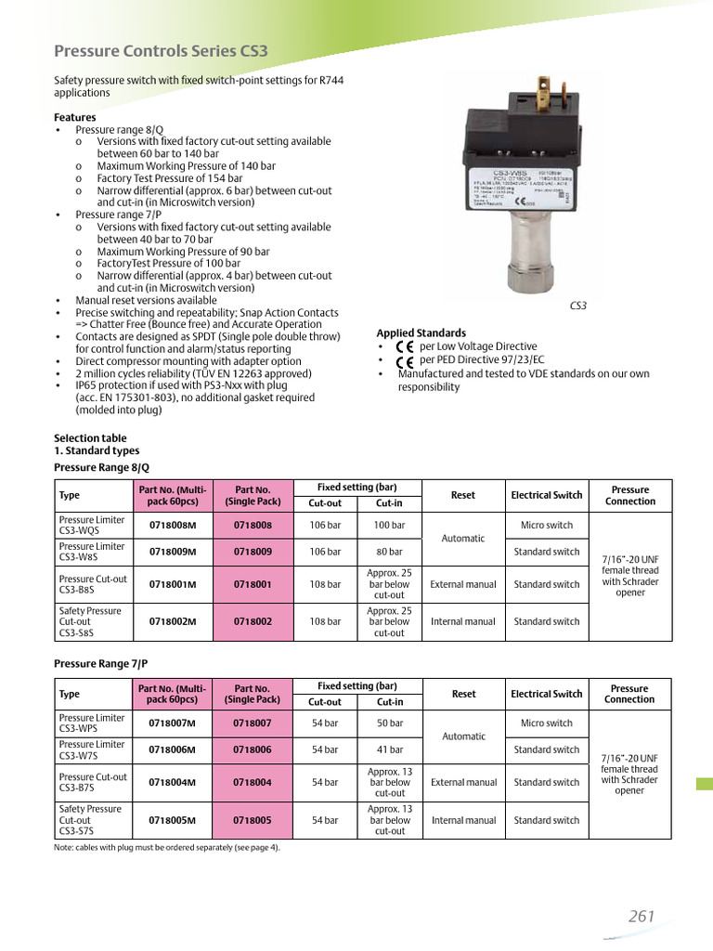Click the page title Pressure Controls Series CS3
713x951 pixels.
click(x=162, y=51)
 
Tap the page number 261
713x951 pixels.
click(x=642, y=916)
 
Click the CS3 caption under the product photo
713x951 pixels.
click(x=577, y=306)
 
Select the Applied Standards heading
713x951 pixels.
click(x=421, y=333)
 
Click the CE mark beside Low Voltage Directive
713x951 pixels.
click(x=405, y=346)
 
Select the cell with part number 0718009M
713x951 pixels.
click(x=173, y=552)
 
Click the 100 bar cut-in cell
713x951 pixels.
click(x=390, y=526)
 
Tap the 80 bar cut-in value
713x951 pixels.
click(x=390, y=552)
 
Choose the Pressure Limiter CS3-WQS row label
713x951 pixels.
click(x=91, y=526)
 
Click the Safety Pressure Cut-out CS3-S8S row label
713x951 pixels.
click(x=91, y=621)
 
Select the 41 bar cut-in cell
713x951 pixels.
click(x=390, y=749)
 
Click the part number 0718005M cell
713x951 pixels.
click(x=173, y=820)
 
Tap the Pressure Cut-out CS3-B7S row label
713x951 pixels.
click(x=91, y=782)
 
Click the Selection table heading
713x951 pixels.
click(x=90, y=437)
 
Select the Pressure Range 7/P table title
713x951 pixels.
click(x=101, y=665)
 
